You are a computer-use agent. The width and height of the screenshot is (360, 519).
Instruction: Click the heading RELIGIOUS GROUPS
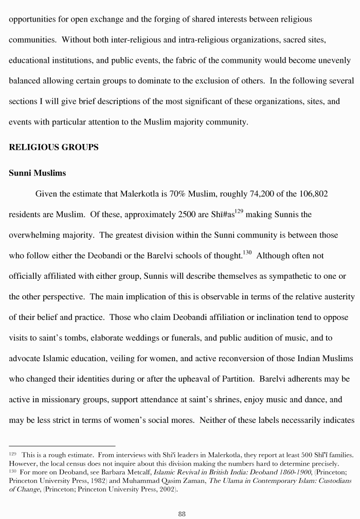click(x=53, y=147)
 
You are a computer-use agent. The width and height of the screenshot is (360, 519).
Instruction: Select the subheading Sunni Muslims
click(x=38, y=173)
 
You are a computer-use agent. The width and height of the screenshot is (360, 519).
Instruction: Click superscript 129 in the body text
click(x=239, y=211)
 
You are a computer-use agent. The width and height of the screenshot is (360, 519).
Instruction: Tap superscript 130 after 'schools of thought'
click(x=247, y=252)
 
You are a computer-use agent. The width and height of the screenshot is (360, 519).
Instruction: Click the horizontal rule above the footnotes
click(x=62, y=446)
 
